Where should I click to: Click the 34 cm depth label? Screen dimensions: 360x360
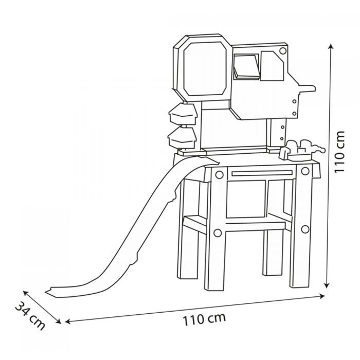click(30, 315)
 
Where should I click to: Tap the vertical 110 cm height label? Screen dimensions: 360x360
click(339, 152)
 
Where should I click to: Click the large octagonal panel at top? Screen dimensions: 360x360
click(202, 68)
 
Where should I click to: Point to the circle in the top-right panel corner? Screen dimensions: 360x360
click(283, 50)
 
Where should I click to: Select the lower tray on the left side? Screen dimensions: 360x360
click(182, 138)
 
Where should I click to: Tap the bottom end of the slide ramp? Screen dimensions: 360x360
click(49, 292)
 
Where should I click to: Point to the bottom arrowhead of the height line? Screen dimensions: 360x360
click(327, 285)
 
